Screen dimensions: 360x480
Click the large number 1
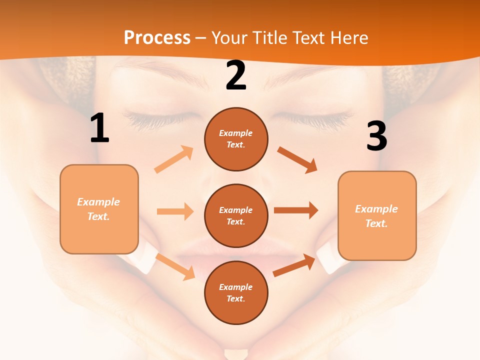[99, 128]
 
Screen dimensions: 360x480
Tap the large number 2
[236, 75]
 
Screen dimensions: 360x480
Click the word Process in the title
[157, 37]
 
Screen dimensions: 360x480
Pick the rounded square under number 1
[99, 209]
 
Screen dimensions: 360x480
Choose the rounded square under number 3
[377, 215]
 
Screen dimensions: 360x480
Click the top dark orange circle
[236, 139]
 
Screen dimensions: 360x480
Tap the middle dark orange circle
[236, 215]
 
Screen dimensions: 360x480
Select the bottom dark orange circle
[236, 292]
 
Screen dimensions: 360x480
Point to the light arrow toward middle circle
[175, 211]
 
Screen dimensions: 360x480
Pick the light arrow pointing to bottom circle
[175, 266]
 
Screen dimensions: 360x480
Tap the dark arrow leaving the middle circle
[296, 210]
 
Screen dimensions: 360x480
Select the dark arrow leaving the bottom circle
[294, 265]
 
